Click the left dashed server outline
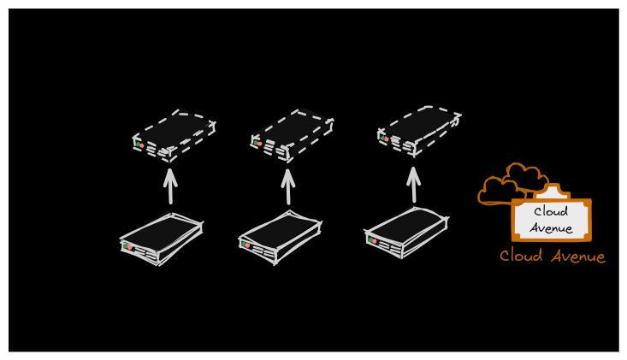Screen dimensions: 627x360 (x=174, y=135)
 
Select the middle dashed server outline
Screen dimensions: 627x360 (x=292, y=135)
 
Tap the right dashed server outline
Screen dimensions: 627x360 (x=419, y=131)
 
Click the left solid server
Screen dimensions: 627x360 (x=162, y=239)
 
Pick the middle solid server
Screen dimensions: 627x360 (x=280, y=238)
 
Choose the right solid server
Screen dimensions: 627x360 (x=406, y=233)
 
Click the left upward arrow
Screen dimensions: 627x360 (x=170, y=186)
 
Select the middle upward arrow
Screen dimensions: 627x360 (x=288, y=186)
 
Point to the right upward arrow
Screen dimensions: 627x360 (x=413, y=184)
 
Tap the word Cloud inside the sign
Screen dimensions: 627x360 (x=551, y=211)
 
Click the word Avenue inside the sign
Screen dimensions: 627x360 (x=551, y=228)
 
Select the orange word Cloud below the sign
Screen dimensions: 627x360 (x=521, y=256)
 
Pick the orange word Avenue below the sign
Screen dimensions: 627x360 (x=578, y=257)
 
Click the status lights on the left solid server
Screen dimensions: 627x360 (x=128, y=246)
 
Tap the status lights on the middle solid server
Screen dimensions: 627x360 (x=245, y=245)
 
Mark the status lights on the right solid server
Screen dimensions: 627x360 (x=372, y=240)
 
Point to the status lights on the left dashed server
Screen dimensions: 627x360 (x=139, y=145)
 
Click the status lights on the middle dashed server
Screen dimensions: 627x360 (x=257, y=143)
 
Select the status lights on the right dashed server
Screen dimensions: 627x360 (x=384, y=139)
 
